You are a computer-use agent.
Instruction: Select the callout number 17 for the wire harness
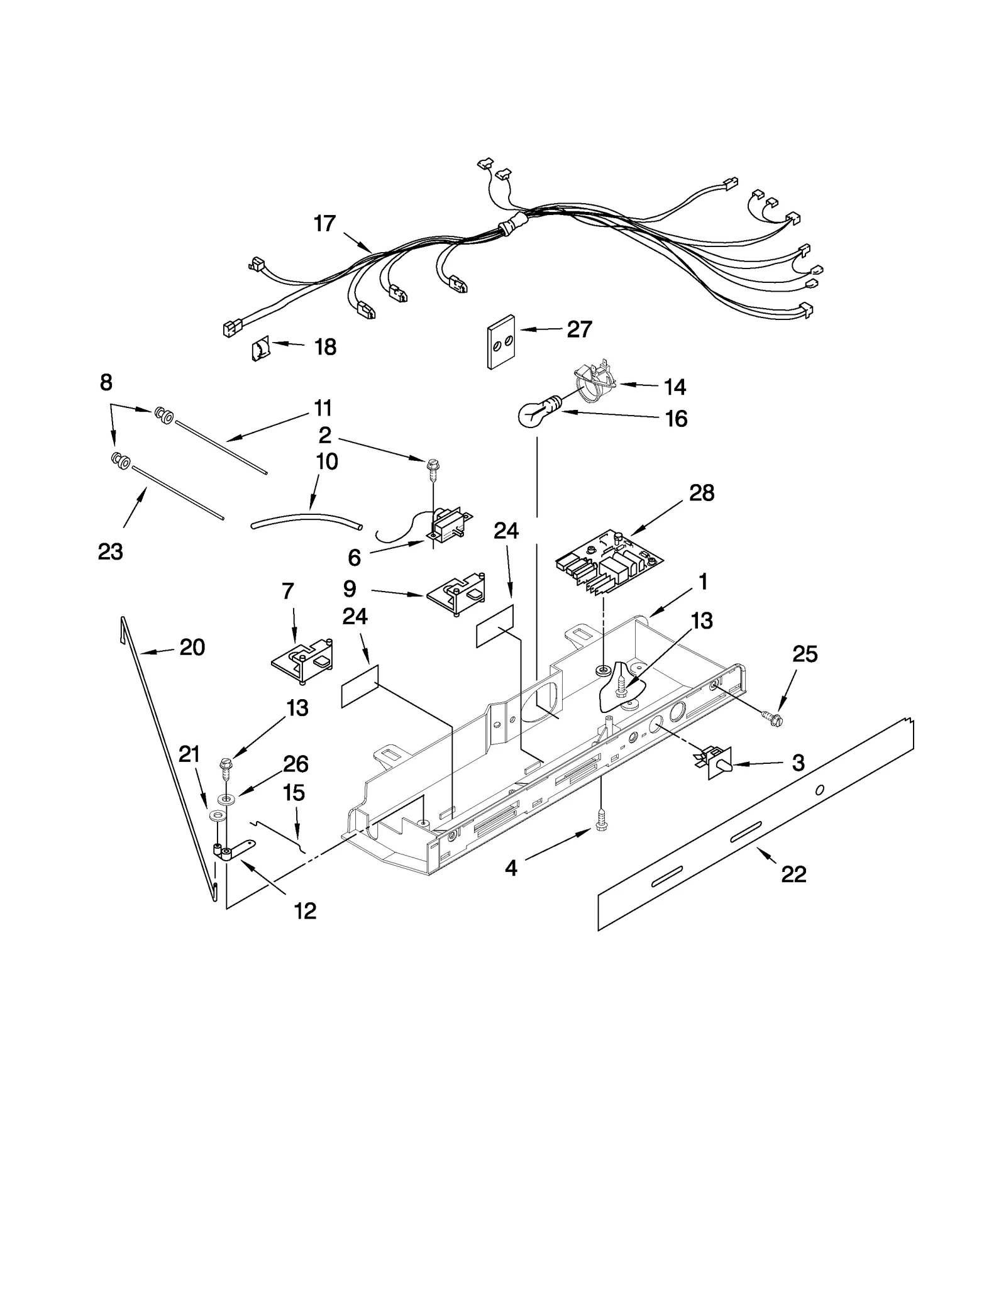(325, 224)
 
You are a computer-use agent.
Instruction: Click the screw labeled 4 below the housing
(601, 830)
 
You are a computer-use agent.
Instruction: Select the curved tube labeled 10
(307, 519)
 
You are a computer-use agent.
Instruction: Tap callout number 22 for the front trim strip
(793, 874)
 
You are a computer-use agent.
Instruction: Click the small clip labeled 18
(261, 348)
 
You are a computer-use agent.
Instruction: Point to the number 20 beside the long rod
(192, 647)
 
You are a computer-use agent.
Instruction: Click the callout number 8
(106, 382)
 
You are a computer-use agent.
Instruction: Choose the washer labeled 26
(225, 800)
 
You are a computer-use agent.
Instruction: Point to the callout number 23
(110, 552)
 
